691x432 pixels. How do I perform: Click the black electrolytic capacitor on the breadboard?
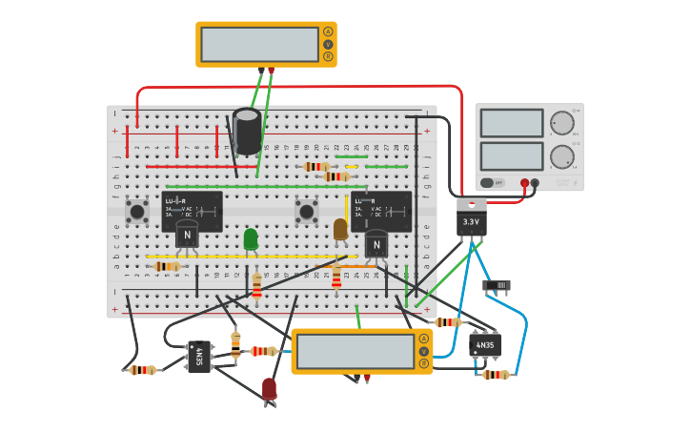point(247,131)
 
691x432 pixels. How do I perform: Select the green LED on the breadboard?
point(251,238)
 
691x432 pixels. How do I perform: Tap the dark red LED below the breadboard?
point(270,388)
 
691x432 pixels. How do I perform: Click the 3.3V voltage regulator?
point(471,219)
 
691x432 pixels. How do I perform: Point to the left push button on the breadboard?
point(137,211)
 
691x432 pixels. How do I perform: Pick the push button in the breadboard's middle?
point(306,211)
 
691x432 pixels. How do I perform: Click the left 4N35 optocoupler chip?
point(199,357)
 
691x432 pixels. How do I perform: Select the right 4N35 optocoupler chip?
point(485,344)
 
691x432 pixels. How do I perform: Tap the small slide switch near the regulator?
point(497,285)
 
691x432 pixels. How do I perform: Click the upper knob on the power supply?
point(562,123)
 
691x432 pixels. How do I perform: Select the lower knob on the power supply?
point(562,156)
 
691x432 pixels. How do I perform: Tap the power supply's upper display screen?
point(512,123)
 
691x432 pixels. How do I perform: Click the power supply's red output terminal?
point(524,182)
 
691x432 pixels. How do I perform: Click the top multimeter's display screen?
point(259,44)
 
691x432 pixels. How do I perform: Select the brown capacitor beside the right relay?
point(340,229)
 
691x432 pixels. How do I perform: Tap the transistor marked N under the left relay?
point(187,235)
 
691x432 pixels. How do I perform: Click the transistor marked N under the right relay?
point(376,245)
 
